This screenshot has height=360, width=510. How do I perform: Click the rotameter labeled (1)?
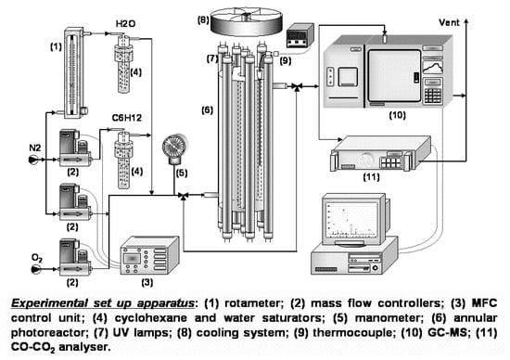click(x=74, y=73)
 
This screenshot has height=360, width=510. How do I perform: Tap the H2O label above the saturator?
click(x=125, y=24)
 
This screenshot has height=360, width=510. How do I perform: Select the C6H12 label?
click(x=127, y=118)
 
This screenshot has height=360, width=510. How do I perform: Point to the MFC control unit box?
click(x=149, y=256)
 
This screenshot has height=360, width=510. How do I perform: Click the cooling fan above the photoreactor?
click(x=247, y=20)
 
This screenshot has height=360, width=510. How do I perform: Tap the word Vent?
click(x=449, y=22)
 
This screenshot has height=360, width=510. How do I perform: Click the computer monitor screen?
click(x=352, y=220)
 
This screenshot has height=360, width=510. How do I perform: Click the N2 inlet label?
click(x=35, y=148)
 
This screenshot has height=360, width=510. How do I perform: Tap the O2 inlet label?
click(x=37, y=258)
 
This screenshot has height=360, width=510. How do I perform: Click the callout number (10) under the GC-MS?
click(x=397, y=114)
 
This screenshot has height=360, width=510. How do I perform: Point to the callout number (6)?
click(x=207, y=110)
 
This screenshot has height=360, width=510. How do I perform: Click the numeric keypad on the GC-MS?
click(x=433, y=96)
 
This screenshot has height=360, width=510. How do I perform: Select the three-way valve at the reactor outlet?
click(x=297, y=86)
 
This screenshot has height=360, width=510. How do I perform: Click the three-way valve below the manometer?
click(x=184, y=195)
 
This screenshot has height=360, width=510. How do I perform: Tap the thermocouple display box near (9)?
click(x=300, y=35)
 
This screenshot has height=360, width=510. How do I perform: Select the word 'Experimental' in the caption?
click(x=49, y=303)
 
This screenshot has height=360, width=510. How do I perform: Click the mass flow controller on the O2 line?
click(x=75, y=257)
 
